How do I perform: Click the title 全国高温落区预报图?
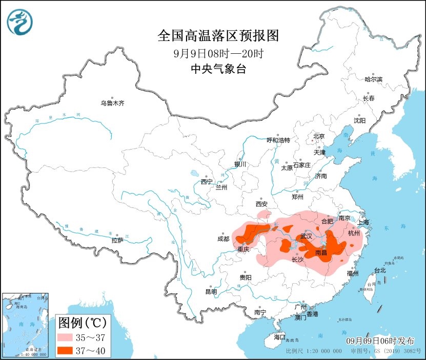pyautogui.click(x=218, y=35)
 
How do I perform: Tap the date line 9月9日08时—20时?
pyautogui.click(x=218, y=53)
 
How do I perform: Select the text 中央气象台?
pyautogui.click(x=218, y=69)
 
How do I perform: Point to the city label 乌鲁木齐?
pyautogui.click(x=112, y=103)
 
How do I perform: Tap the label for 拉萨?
pyautogui.click(x=117, y=240)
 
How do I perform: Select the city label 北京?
pyautogui.click(x=319, y=136)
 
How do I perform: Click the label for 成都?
pyautogui.click(x=224, y=239)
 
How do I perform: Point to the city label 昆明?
pyautogui.click(x=211, y=291)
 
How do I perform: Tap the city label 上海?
pyautogui.click(x=363, y=222)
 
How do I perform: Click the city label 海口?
pyautogui.click(x=279, y=337)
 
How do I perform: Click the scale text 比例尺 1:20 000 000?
pyautogui.click(x=314, y=352)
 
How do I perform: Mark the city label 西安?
pyautogui.click(x=262, y=204)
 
